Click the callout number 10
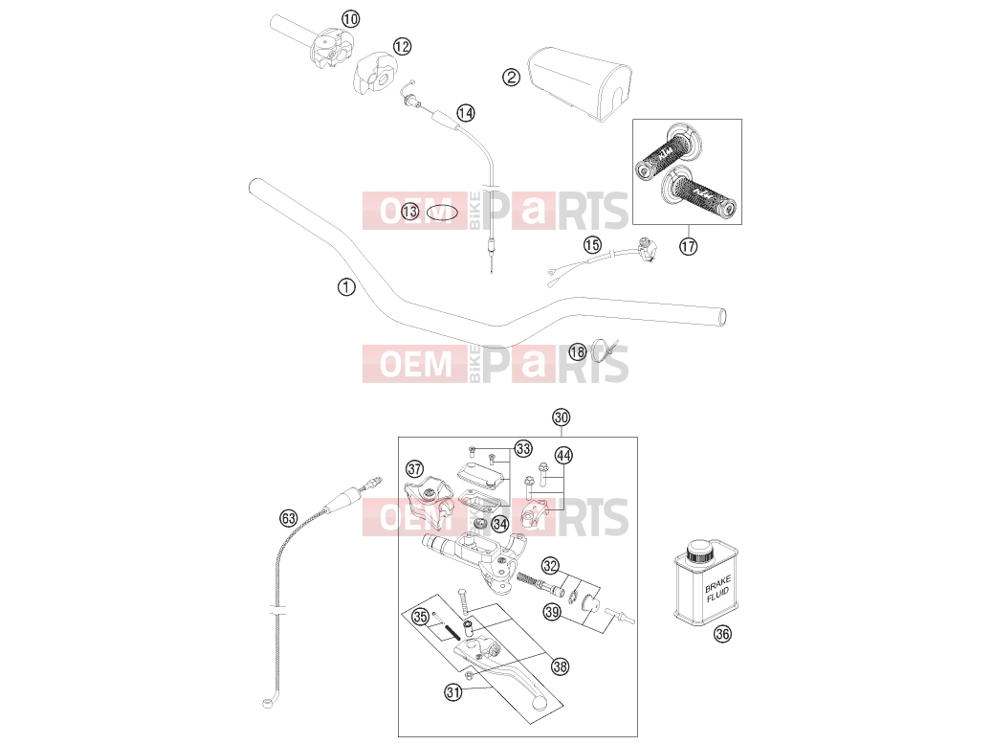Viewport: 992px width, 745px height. tap(350, 19)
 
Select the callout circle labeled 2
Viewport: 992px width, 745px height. tap(511, 78)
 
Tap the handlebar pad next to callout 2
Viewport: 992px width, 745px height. tap(580, 83)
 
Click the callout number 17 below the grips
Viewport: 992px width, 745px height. tap(689, 246)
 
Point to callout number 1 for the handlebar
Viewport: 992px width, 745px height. tap(346, 287)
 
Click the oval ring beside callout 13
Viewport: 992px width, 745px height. tap(442, 213)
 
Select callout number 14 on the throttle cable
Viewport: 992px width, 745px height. tap(466, 113)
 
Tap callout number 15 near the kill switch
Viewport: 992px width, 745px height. tap(592, 244)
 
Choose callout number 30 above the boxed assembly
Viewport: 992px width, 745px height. tap(562, 418)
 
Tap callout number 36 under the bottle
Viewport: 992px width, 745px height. tap(722, 634)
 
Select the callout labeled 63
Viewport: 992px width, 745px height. tap(289, 518)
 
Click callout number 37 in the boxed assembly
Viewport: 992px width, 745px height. tap(414, 469)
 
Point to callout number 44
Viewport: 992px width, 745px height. tap(563, 455)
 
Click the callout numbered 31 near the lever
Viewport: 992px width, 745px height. tap(453, 692)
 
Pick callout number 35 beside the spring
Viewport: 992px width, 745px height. tap(421, 617)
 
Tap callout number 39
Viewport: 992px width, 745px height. tap(552, 613)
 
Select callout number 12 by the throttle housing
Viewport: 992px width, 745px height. tap(402, 46)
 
